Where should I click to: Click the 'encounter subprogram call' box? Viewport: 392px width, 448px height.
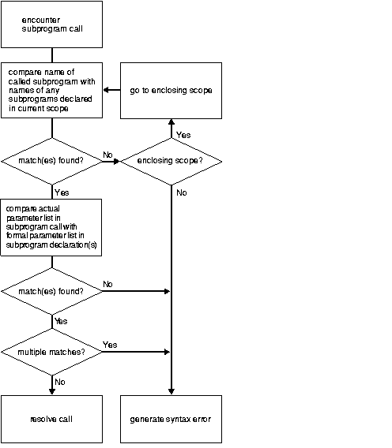[x=51, y=24]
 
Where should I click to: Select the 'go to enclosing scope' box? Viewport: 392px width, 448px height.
[x=171, y=91]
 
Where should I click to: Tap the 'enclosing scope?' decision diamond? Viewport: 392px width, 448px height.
[x=171, y=162]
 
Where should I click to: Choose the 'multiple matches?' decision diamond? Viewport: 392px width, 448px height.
[x=51, y=351]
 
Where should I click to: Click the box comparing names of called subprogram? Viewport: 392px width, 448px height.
[x=51, y=91]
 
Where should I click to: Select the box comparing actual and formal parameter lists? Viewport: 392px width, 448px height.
[x=51, y=227]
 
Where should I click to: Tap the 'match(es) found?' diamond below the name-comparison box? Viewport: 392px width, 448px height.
[x=51, y=162]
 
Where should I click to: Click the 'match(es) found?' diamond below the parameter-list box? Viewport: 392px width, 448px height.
[x=51, y=292]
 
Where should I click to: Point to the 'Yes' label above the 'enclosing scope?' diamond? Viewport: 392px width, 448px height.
[x=183, y=135]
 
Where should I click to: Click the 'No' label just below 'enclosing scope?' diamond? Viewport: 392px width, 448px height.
[x=182, y=192]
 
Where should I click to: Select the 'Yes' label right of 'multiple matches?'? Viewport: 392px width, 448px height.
[x=110, y=345]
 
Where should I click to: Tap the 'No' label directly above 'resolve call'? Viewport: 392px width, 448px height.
[x=60, y=381]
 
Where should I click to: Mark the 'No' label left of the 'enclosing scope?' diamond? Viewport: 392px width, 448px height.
[x=107, y=155]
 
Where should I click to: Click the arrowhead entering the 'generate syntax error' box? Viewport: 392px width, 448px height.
[x=171, y=391]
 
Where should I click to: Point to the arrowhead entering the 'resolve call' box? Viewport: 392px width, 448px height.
[x=51, y=391]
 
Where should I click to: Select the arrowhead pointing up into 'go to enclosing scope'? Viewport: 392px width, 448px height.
[x=171, y=122]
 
